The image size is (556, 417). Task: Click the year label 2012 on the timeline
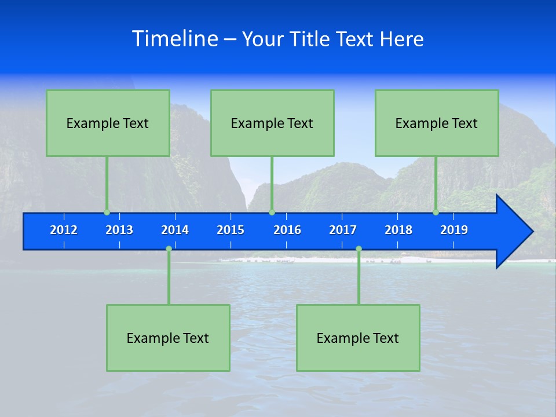coord(64,230)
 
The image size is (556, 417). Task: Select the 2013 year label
coord(119,230)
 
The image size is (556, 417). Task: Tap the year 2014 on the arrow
coord(175,230)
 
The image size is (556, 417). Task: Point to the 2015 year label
coord(231,230)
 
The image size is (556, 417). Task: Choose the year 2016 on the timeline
coord(287,230)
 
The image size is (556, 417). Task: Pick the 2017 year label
coord(343,230)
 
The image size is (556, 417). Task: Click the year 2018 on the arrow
coord(398,230)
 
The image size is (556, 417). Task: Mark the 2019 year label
coord(454,230)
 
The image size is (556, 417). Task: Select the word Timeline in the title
coord(175,39)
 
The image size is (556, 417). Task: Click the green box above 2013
coord(108,123)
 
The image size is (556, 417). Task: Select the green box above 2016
coord(272,123)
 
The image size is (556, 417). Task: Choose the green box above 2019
coord(437,123)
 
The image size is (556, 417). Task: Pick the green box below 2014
coord(168,338)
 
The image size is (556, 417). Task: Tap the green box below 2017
coord(358,338)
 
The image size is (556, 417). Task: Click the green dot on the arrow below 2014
coord(169,249)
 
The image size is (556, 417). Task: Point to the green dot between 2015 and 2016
coord(272,212)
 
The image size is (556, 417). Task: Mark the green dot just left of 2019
coord(436,212)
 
